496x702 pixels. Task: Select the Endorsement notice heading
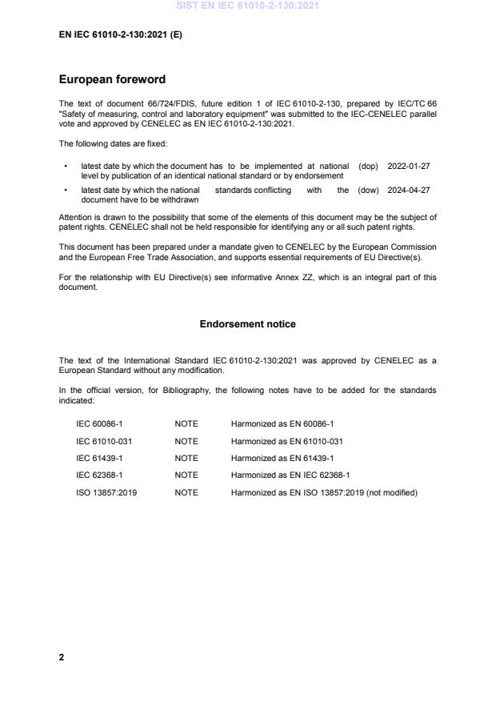pos(247,324)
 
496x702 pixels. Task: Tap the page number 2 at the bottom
pos(62,657)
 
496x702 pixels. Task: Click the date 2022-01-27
pos(409,166)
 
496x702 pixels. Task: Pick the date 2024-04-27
pos(409,191)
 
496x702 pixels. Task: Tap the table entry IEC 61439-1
pos(99,458)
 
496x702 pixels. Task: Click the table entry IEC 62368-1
pos(99,475)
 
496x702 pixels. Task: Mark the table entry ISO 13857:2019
pos(106,493)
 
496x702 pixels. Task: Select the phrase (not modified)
pos(392,493)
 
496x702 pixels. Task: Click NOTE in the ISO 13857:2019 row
pos(186,493)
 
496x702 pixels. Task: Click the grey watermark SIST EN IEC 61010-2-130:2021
pos(247,6)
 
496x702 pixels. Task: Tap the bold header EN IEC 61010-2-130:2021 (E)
pos(121,35)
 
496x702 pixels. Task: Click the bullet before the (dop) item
pos(64,166)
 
